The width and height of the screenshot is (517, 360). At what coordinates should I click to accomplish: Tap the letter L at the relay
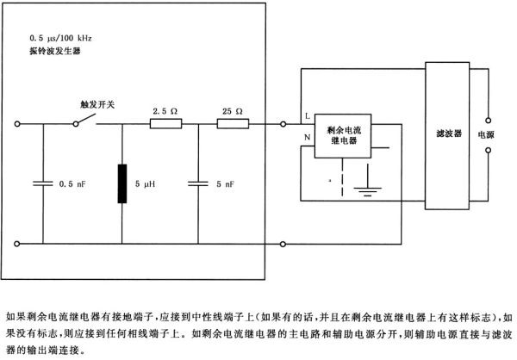coord(308,116)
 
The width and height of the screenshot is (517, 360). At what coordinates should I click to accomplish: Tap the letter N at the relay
coord(308,136)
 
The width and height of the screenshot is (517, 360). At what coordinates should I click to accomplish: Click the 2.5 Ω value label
coord(165,111)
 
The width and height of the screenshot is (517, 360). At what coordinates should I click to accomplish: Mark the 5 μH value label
coord(147,183)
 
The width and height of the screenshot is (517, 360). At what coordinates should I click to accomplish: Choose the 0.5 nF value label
coord(70,183)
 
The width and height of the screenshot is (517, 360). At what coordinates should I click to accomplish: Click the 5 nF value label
coord(221,183)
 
